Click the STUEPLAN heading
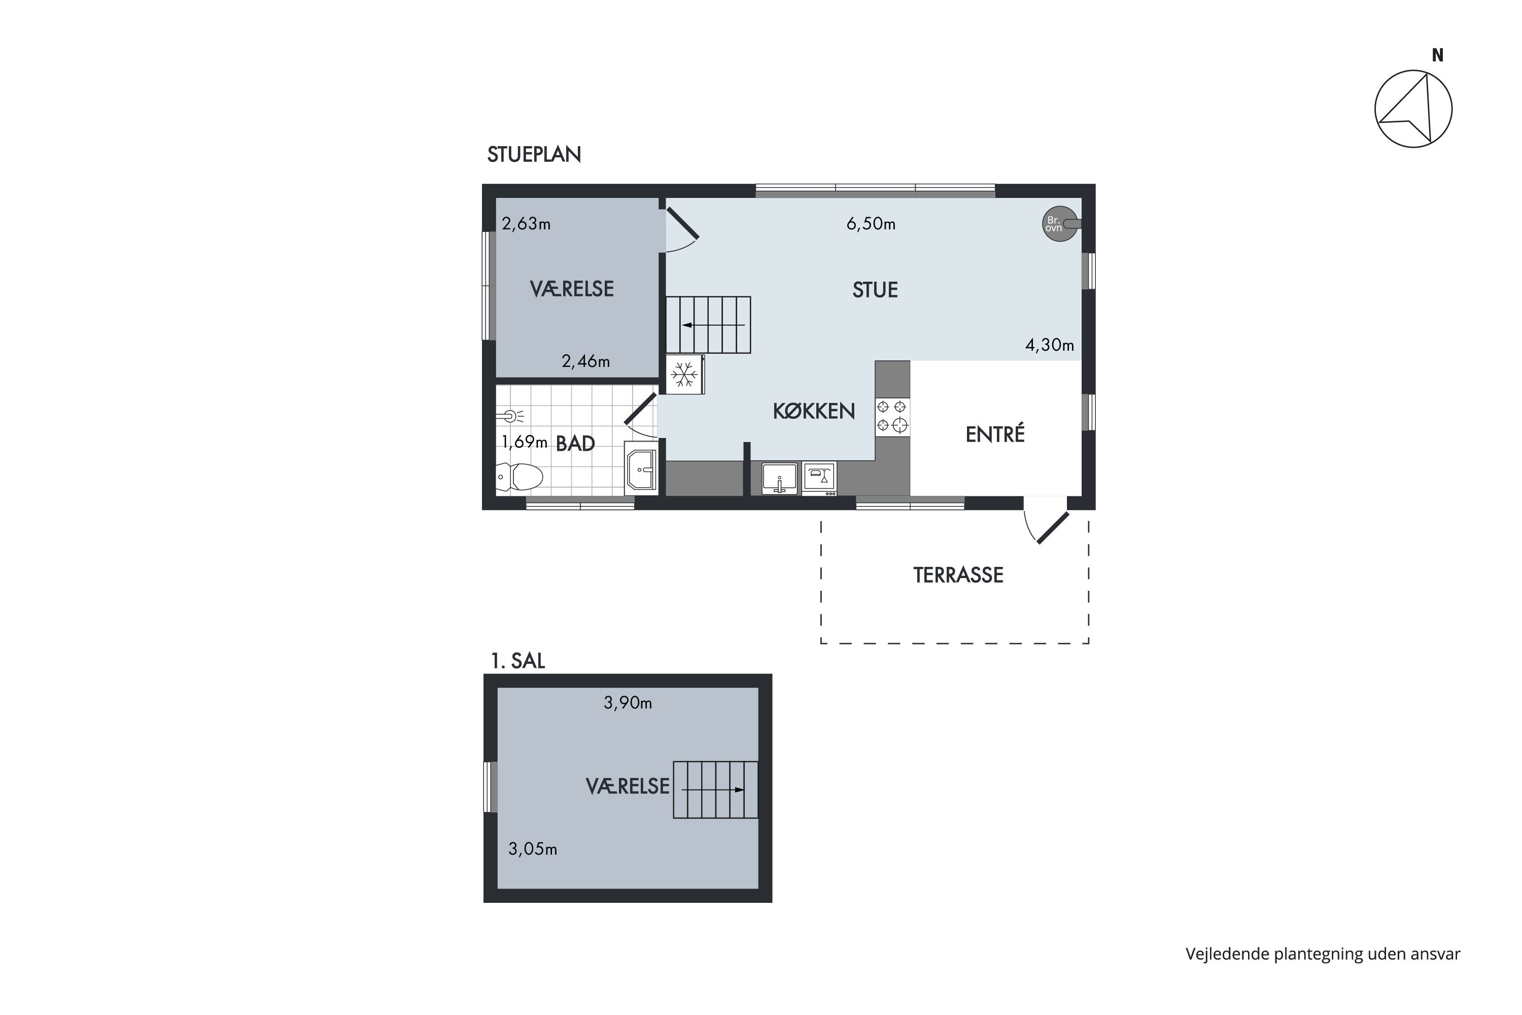pyautogui.click(x=534, y=155)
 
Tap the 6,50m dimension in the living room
pyautogui.click(x=871, y=224)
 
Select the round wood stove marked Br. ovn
pyautogui.click(x=1060, y=224)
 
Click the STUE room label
pyautogui.click(x=875, y=290)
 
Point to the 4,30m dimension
pyautogui.click(x=1049, y=345)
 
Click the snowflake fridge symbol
pyautogui.click(x=684, y=374)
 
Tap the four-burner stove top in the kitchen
pyautogui.click(x=892, y=416)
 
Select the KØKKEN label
pyautogui.click(x=813, y=411)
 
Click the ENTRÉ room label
pyautogui.click(x=994, y=434)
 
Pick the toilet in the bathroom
pyautogui.click(x=519, y=477)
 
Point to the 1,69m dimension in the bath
pyautogui.click(x=524, y=442)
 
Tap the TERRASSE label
pyautogui.click(x=958, y=575)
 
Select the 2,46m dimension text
pyautogui.click(x=585, y=361)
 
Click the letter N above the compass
pyautogui.click(x=1437, y=56)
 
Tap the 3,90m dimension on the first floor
pyautogui.click(x=628, y=703)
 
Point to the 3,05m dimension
pyautogui.click(x=533, y=849)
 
